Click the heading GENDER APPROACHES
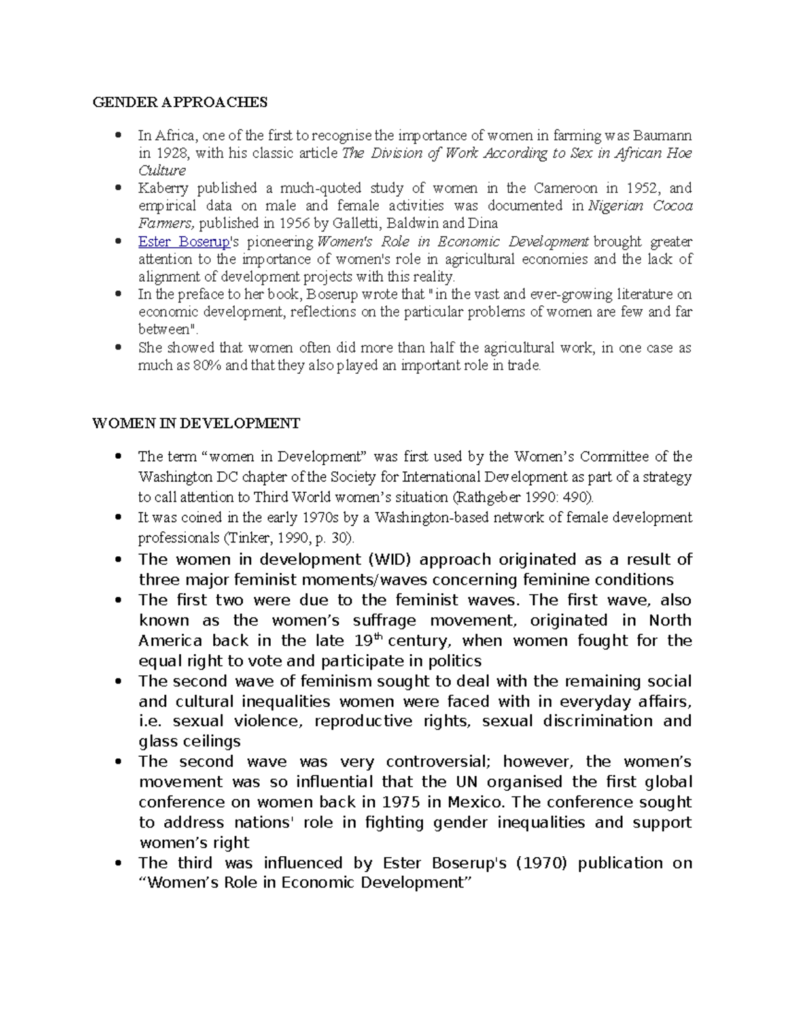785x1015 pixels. [180, 102]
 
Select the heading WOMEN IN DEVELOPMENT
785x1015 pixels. [196, 424]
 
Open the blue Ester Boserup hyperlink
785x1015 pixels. [184, 242]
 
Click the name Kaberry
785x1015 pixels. [163, 189]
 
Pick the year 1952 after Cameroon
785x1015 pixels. [641, 189]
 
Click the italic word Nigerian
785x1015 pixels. [618, 207]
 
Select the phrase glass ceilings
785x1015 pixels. [190, 742]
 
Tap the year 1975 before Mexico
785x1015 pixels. [400, 803]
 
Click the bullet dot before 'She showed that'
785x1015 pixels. [118, 348]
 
